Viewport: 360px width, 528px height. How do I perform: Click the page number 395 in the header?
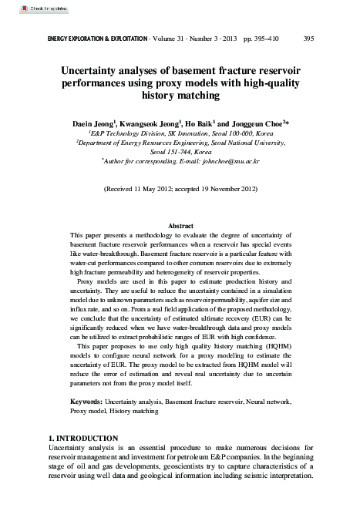[x=308, y=38]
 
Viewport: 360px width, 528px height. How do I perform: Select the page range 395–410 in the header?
[x=267, y=38]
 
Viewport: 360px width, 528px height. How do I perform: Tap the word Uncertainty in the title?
[x=95, y=69]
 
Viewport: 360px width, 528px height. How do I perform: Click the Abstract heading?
[x=180, y=225]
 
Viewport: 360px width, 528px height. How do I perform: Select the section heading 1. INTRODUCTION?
[x=83, y=439]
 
